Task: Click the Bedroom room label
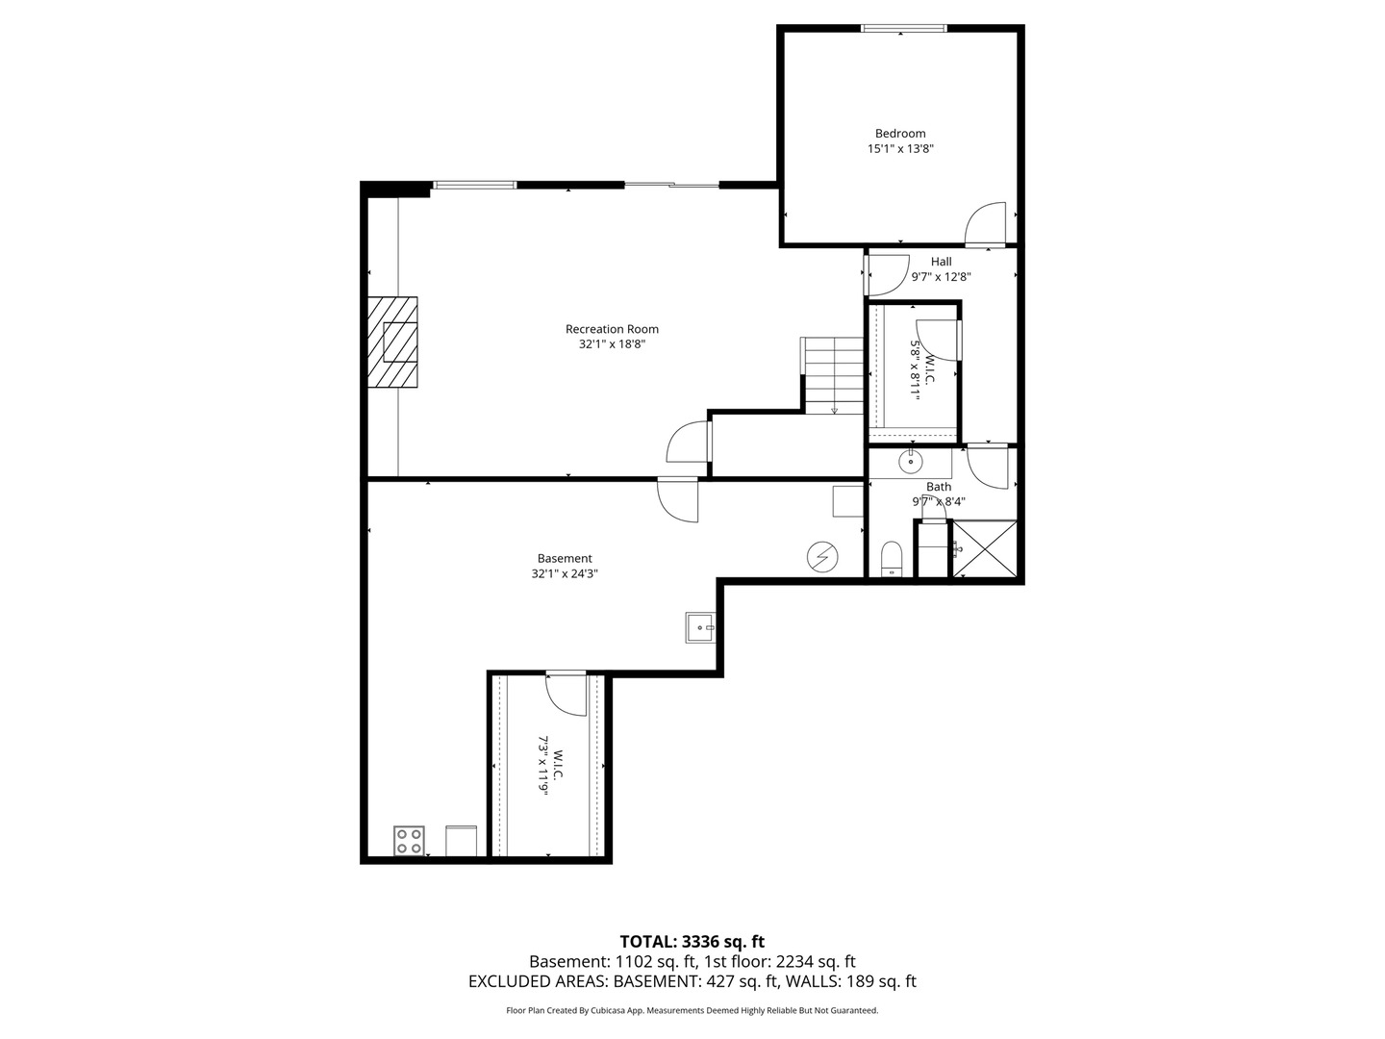point(900,133)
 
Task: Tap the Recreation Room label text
point(612,329)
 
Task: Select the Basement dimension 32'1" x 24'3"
point(564,573)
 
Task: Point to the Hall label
point(941,261)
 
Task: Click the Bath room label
point(939,487)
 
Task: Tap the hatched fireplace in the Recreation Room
point(392,342)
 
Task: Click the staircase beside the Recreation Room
point(833,375)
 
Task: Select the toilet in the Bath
point(892,559)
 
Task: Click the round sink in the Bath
point(911,461)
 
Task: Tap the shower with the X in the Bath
point(984,548)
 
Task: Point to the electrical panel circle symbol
point(822,557)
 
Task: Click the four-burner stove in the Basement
point(409,841)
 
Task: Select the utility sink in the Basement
point(700,627)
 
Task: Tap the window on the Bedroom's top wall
point(904,28)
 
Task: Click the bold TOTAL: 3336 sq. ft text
point(692,941)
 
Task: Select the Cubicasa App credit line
point(692,1010)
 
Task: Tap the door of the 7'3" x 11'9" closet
point(566,694)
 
